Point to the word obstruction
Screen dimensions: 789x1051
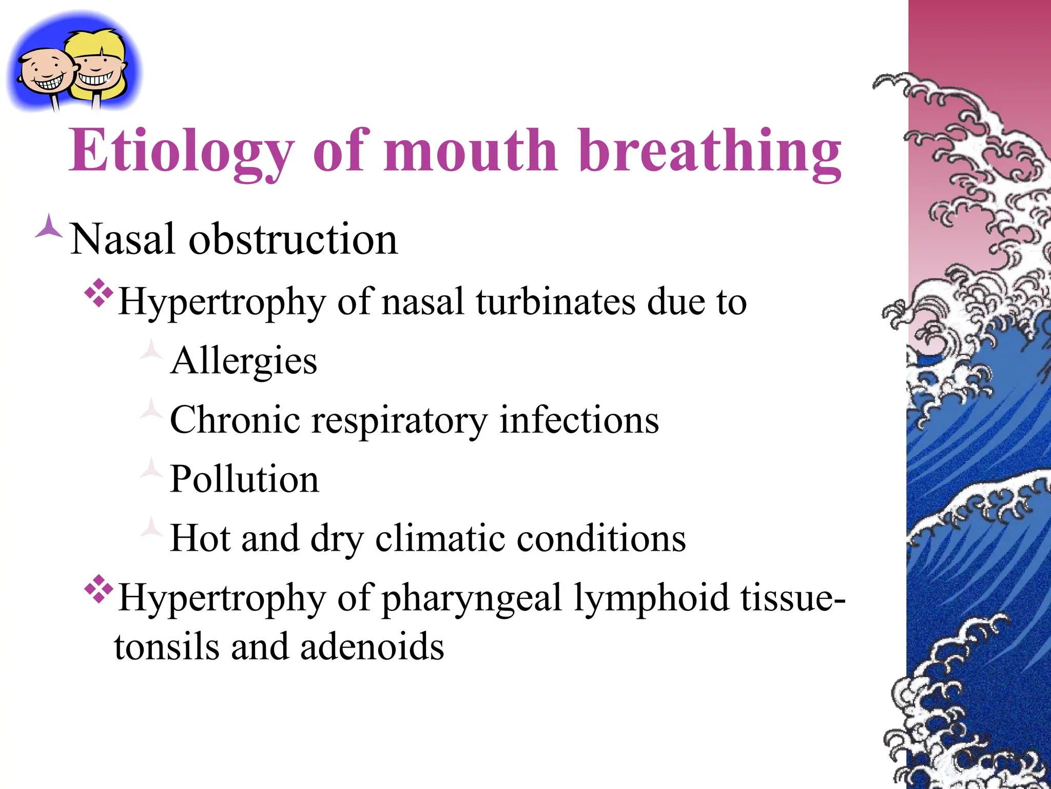(x=293, y=239)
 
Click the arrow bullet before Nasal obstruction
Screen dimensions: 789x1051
(x=49, y=227)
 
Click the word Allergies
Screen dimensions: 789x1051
(x=244, y=361)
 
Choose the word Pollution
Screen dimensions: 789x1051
(x=244, y=479)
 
